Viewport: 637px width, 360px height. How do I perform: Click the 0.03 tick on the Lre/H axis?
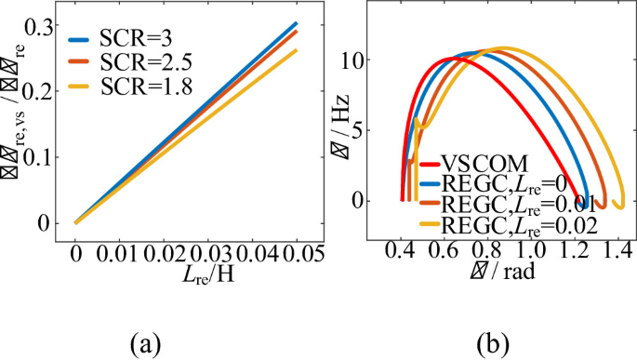click(209, 250)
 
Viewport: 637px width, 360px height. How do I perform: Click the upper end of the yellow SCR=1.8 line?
click(297, 50)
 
